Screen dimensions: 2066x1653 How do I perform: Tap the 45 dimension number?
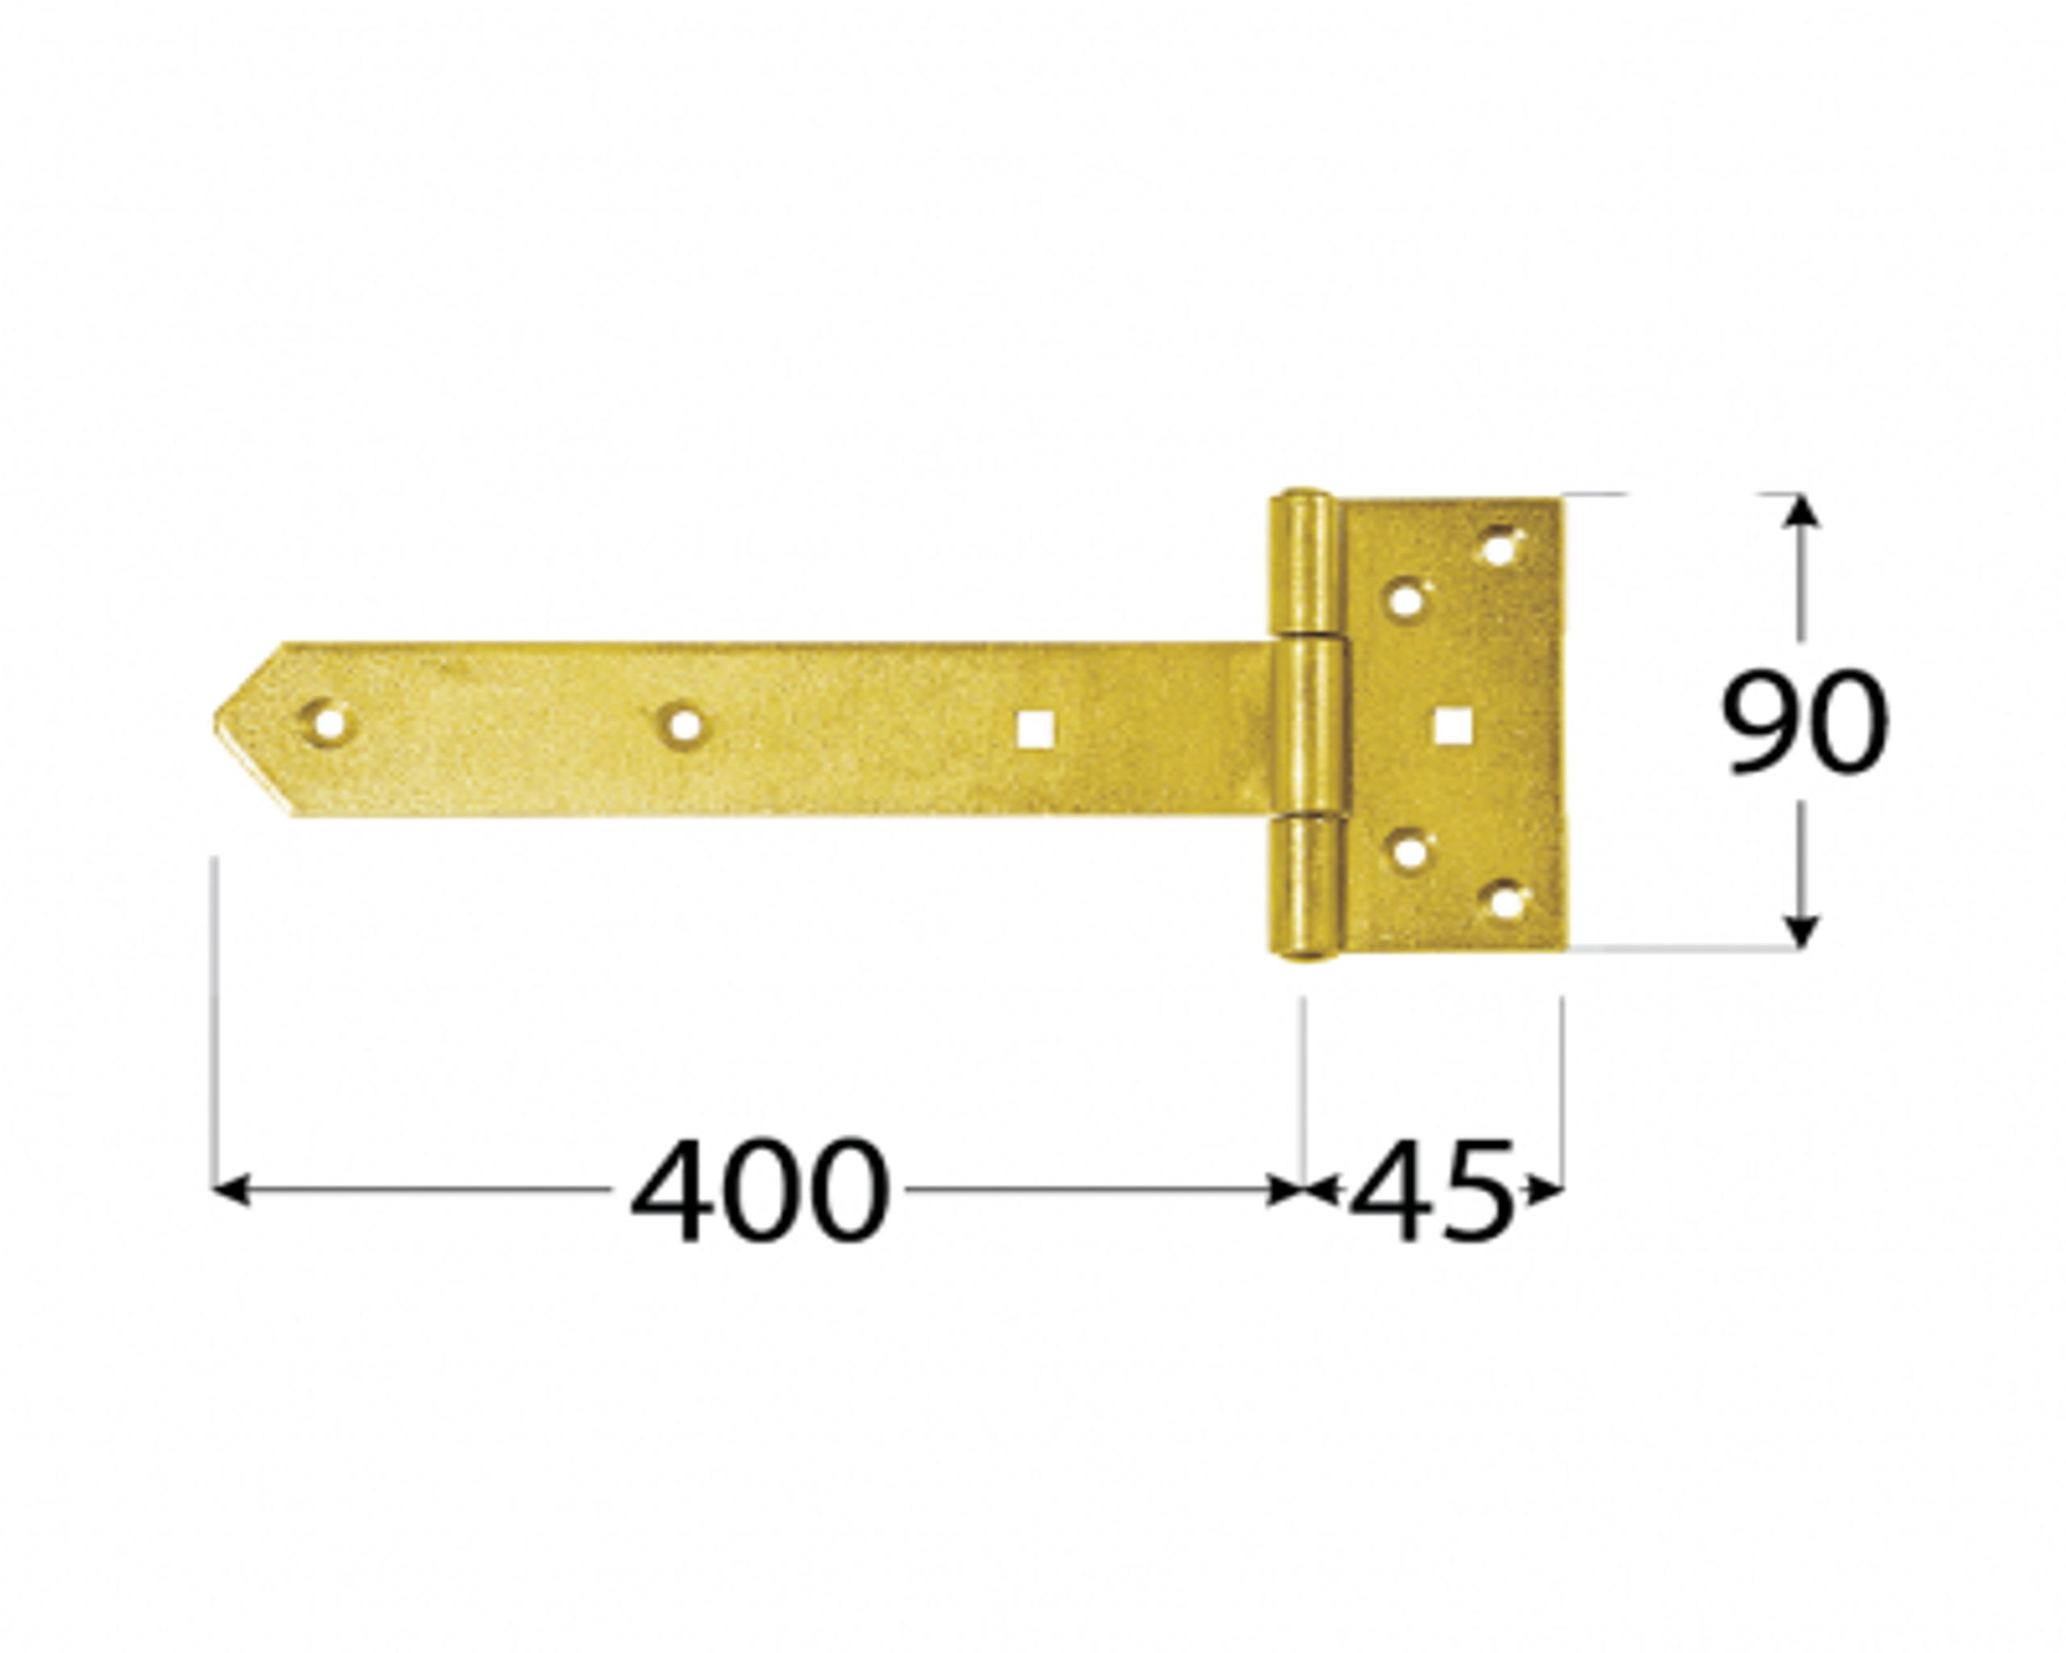click(1432, 1191)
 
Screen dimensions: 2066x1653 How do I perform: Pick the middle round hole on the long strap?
click(684, 726)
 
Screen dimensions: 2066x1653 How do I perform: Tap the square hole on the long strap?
click(1036, 728)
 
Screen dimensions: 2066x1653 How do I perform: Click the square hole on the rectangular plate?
click(1453, 726)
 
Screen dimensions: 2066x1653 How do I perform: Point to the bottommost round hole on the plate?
click(1504, 902)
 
